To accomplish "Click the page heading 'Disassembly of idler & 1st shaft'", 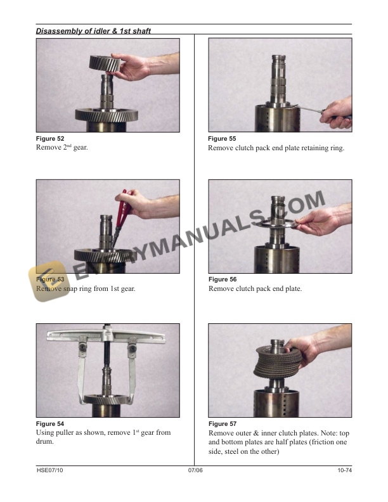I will [93, 30].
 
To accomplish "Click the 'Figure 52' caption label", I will [50, 138].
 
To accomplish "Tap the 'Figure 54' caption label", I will [50, 423].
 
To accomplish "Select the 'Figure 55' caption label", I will [222, 138].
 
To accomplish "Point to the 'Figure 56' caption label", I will [222, 280].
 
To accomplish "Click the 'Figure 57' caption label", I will [222, 423].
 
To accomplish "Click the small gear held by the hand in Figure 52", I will [105, 63].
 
